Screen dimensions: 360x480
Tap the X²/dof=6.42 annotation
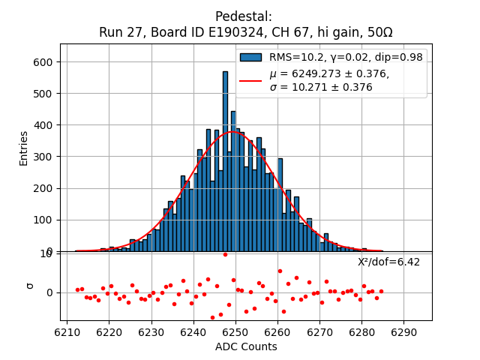pyautogui.click(x=388, y=262)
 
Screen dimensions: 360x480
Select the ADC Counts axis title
pyautogui.click(x=246, y=346)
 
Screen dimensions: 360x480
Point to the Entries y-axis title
pyautogui.click(x=24, y=148)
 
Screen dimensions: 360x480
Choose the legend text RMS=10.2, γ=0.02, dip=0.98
pyautogui.click(x=346, y=57)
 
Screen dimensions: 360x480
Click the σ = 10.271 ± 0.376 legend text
pyautogui.click(x=321, y=87)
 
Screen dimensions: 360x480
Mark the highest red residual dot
pyautogui.click(x=225, y=254)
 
